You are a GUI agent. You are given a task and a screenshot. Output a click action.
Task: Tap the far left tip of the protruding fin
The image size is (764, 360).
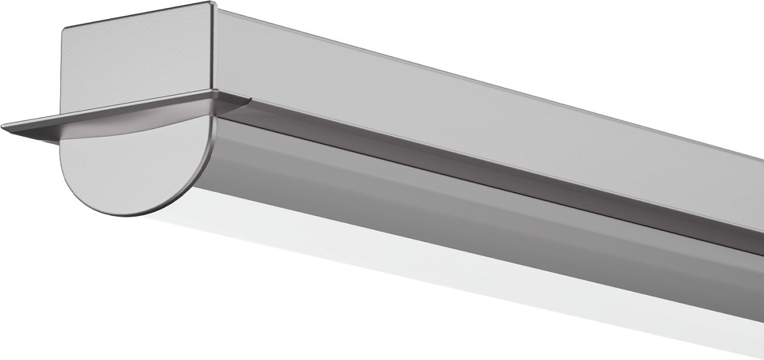click(3, 127)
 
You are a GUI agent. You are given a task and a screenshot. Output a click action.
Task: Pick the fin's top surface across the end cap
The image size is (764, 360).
click(131, 107)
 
